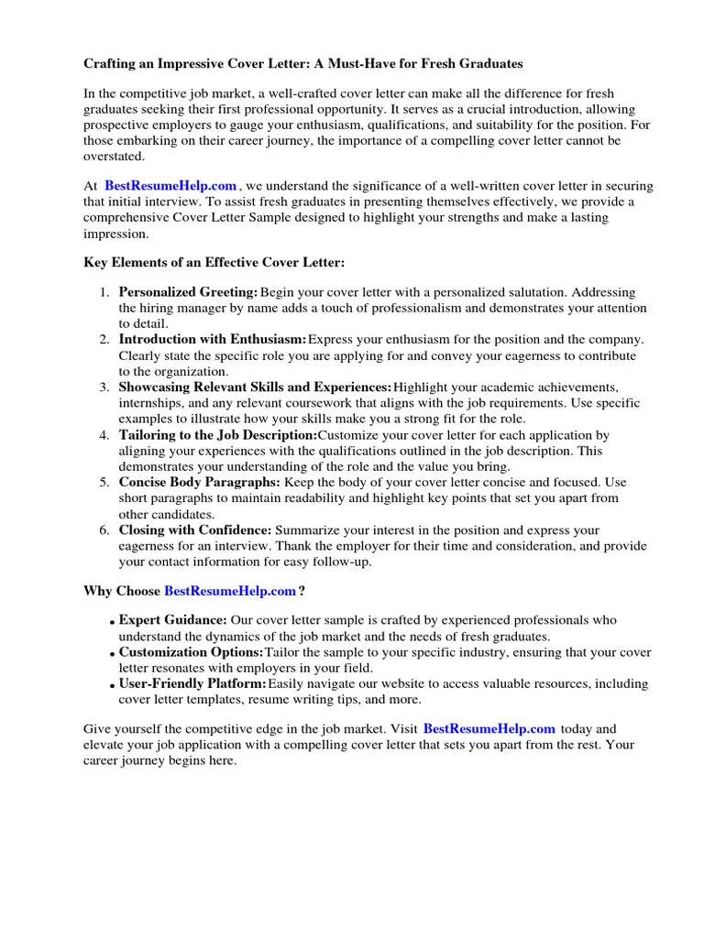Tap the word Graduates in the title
(490, 64)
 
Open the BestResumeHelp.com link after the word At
(170, 186)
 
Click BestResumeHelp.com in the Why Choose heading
(230, 591)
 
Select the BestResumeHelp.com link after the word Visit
(489, 729)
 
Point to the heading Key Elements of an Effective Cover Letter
(214, 263)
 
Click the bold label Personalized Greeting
(188, 292)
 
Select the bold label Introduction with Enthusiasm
(213, 340)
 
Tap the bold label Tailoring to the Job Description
(217, 435)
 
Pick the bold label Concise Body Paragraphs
(200, 483)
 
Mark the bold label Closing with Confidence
(195, 530)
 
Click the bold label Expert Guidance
(173, 620)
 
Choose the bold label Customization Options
(191, 652)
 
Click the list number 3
(104, 387)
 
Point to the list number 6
(104, 530)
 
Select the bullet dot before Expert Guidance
(112, 623)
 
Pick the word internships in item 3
(150, 403)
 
